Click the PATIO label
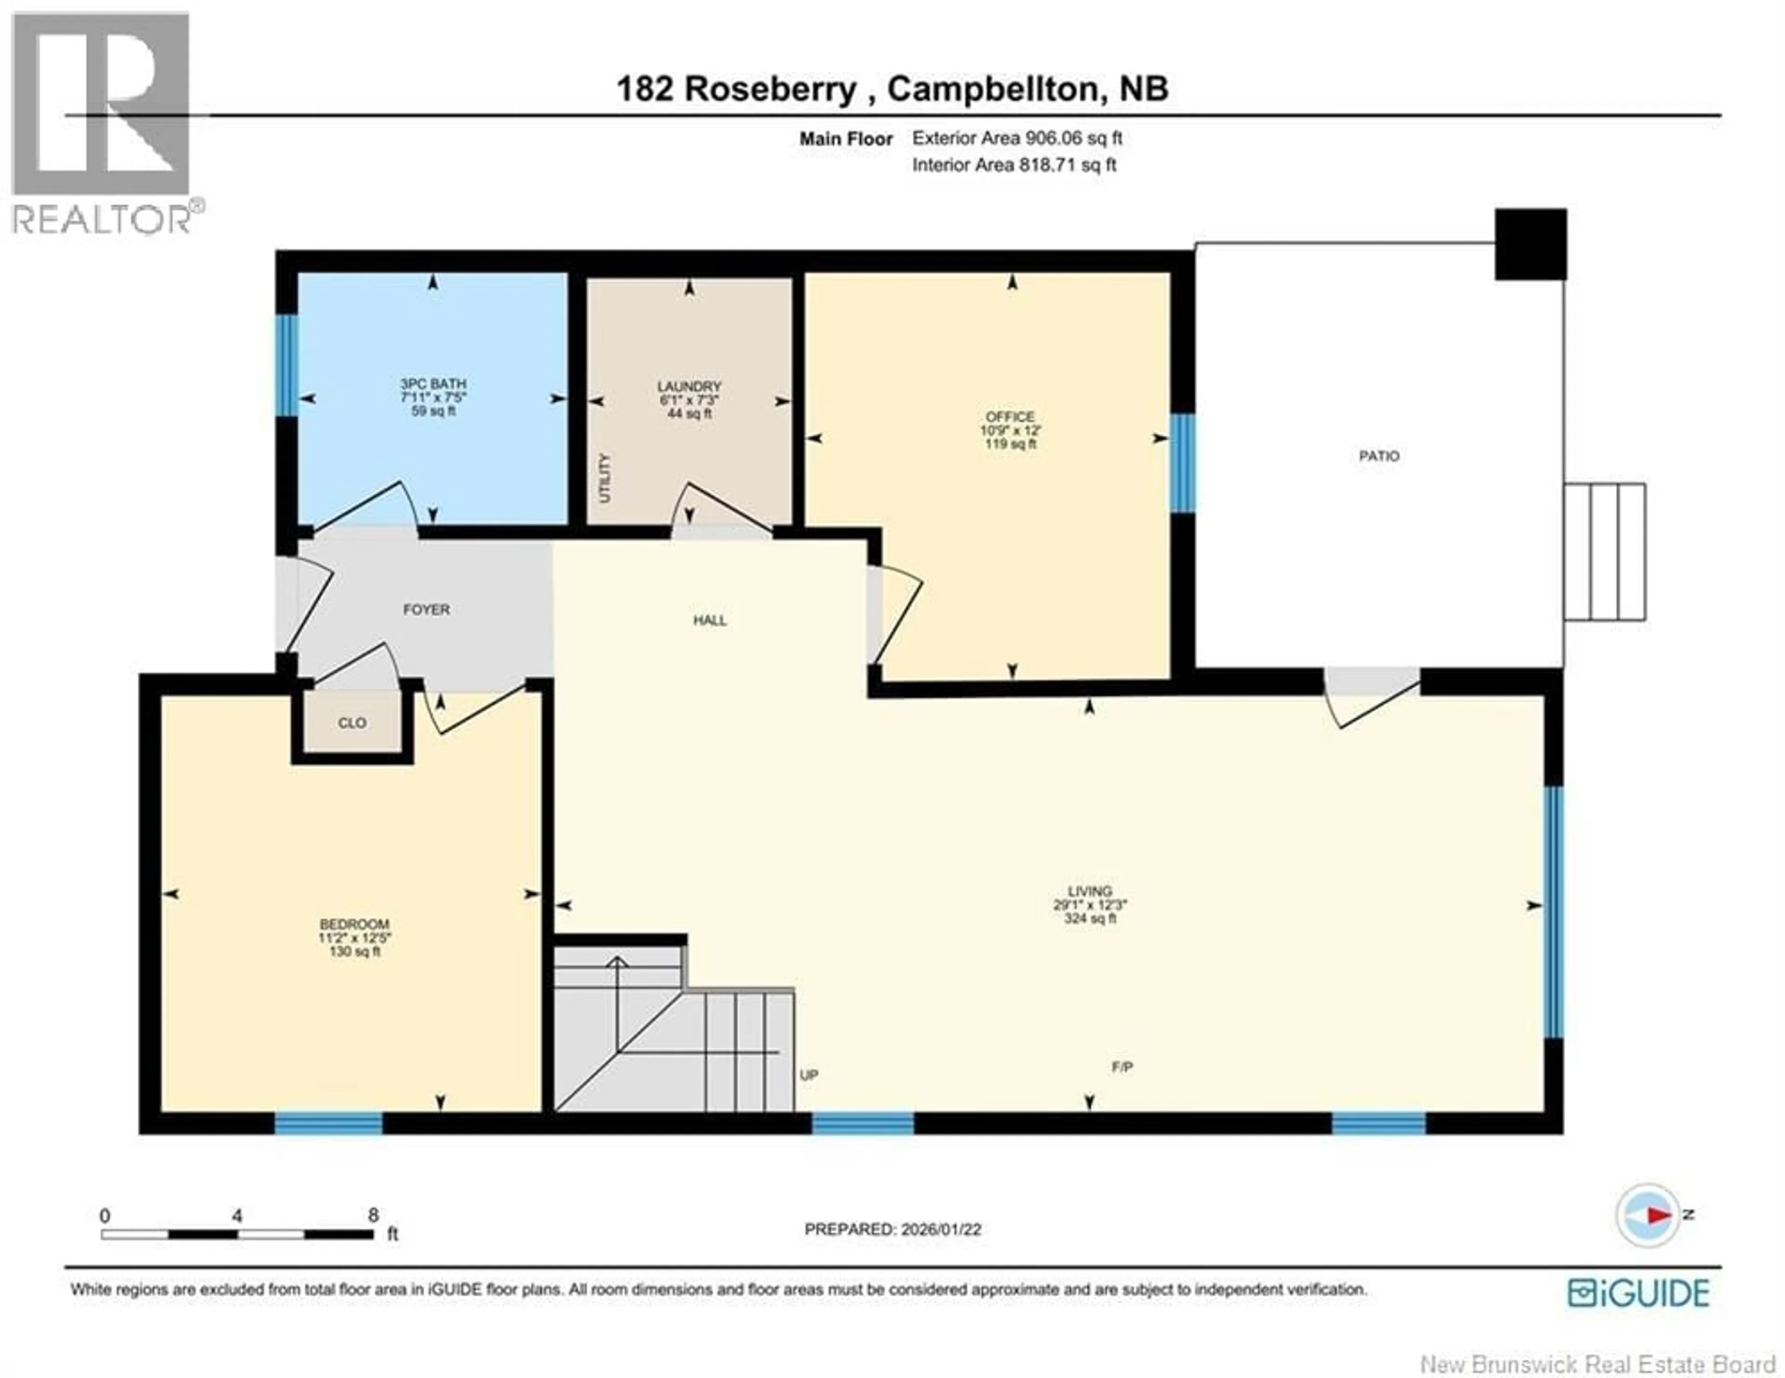(x=1379, y=456)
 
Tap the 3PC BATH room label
(x=433, y=384)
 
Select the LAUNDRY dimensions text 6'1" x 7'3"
(x=689, y=400)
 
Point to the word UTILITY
(x=605, y=478)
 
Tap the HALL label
(x=709, y=620)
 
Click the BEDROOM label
(x=354, y=924)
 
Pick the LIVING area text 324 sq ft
(x=1090, y=919)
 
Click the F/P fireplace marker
(x=1122, y=1067)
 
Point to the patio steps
(x=1604, y=552)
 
